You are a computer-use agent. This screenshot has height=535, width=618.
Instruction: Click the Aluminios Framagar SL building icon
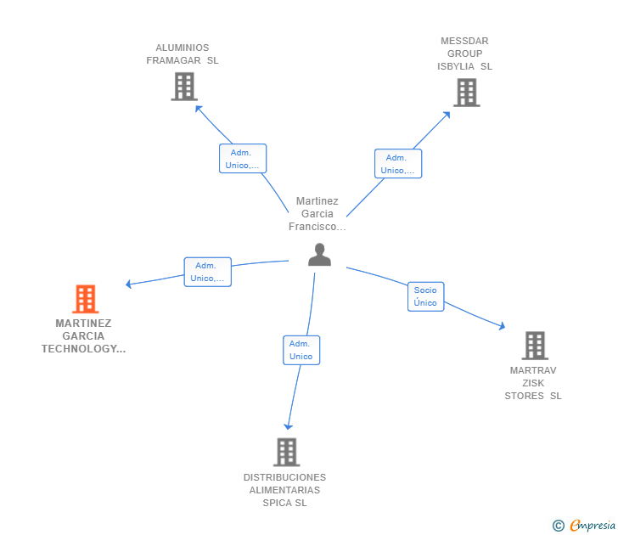[183, 87]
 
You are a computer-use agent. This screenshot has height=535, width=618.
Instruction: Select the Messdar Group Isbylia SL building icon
[466, 93]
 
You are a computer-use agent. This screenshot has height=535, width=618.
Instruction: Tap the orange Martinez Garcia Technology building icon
[85, 299]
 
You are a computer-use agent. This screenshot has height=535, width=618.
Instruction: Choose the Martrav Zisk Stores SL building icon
[534, 346]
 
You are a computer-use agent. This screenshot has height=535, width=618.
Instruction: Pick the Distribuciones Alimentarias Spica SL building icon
[286, 452]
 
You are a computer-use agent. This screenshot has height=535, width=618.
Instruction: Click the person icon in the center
[319, 255]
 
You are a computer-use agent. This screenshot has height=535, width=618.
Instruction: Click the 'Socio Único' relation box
[425, 296]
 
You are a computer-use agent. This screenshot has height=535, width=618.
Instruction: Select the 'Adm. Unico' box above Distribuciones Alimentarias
[301, 350]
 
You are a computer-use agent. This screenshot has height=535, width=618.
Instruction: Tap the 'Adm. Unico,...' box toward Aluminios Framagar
[243, 159]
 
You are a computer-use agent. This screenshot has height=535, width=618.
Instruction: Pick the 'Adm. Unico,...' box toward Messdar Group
[398, 164]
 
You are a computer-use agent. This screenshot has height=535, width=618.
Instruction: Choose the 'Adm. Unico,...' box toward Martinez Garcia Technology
[208, 272]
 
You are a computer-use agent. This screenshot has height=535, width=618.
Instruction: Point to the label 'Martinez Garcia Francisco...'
[317, 214]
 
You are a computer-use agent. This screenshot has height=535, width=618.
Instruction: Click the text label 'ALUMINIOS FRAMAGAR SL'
[183, 54]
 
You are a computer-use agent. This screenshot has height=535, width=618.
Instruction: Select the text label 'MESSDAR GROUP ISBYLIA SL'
[464, 53]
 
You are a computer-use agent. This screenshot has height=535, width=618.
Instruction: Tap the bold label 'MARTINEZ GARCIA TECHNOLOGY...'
[84, 336]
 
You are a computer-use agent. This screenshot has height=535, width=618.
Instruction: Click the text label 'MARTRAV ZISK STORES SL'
[533, 383]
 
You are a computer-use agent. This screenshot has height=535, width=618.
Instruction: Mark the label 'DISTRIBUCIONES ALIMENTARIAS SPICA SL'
[284, 490]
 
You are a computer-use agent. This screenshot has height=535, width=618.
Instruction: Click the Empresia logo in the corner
[593, 526]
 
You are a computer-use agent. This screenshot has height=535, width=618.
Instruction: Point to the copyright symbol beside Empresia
[559, 526]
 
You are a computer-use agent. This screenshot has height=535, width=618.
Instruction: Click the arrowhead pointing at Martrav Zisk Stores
[503, 326]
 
